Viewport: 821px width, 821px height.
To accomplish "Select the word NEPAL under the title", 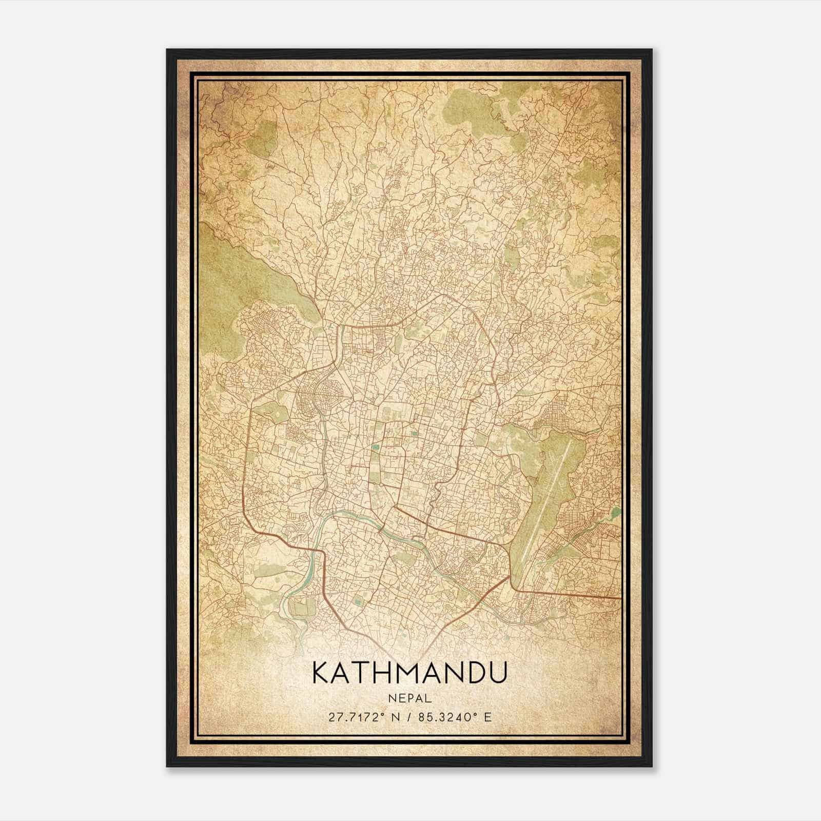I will tap(410, 698).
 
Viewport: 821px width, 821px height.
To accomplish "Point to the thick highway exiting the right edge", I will tap(590, 595).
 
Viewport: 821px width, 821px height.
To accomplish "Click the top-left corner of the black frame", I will tap(168, 50).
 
